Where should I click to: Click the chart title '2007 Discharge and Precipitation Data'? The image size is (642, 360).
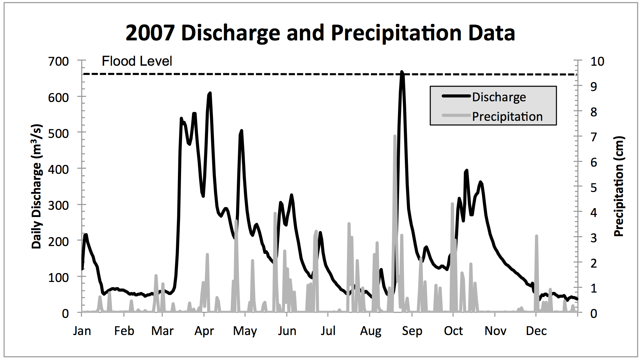[x=320, y=33]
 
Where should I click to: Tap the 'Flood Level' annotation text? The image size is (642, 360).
[x=137, y=61]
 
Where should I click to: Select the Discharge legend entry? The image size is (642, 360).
[x=499, y=97]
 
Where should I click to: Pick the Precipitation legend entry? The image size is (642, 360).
[x=507, y=117]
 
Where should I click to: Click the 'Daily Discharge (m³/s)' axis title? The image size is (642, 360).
[x=37, y=186]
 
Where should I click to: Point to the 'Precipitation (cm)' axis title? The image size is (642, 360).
[x=619, y=186]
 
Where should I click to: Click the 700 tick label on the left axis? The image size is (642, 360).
[x=59, y=62]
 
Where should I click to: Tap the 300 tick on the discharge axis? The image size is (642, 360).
[x=59, y=205]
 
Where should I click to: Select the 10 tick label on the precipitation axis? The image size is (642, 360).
[x=597, y=62]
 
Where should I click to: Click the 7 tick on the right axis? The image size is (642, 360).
[x=594, y=137]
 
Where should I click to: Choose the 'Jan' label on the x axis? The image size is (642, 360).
[x=82, y=331]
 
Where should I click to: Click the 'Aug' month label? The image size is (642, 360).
[x=371, y=331]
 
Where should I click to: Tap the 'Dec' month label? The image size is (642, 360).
[x=536, y=331]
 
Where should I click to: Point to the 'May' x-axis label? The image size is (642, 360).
[x=245, y=331]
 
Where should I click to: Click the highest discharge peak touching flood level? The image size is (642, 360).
[x=402, y=73]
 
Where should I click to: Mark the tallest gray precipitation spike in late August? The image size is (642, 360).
[x=395, y=137]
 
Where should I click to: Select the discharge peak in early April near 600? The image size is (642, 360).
[x=210, y=93]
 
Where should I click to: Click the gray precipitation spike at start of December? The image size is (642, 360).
[x=537, y=236]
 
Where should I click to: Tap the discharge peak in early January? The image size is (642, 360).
[x=86, y=235]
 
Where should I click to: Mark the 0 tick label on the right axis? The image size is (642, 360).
[x=594, y=313]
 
